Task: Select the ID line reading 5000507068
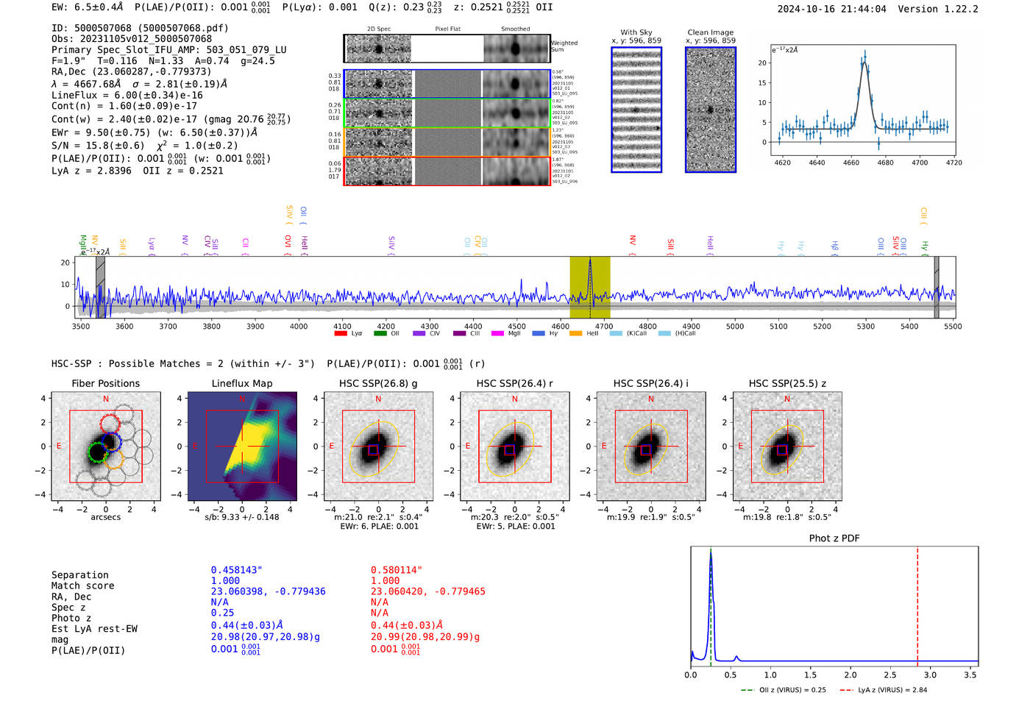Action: [140, 28]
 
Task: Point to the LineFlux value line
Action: [127, 95]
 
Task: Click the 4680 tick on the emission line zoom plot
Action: [885, 163]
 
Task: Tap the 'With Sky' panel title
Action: [636, 32]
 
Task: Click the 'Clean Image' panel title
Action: [710, 32]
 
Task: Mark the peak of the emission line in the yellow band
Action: [590, 260]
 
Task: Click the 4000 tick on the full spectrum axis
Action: [299, 327]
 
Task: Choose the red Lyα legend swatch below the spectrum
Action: [341, 334]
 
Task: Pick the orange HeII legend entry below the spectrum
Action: [575, 334]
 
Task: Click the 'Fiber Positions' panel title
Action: [105, 383]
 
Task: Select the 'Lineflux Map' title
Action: [242, 383]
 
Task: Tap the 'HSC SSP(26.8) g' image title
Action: [378, 383]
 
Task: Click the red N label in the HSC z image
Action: [787, 399]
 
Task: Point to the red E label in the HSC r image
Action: [468, 446]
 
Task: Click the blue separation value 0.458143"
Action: [236, 570]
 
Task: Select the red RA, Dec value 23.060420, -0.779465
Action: [427, 591]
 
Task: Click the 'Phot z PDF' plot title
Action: [834, 538]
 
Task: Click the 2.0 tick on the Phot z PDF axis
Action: [850, 675]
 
